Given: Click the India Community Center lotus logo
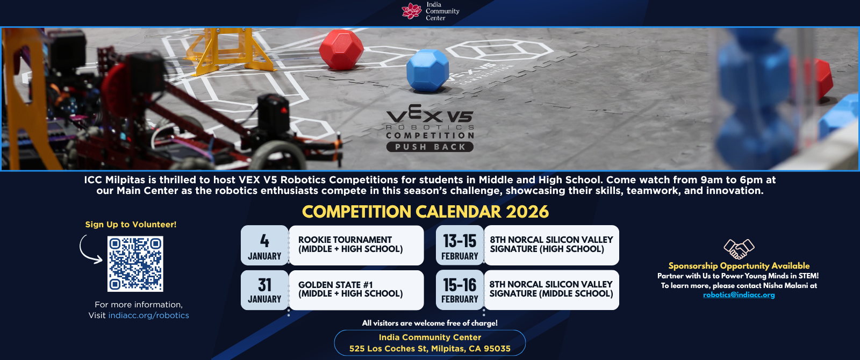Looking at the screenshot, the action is click(x=412, y=11).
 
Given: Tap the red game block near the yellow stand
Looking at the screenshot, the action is click(x=341, y=50).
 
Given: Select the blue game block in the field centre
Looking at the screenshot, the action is click(x=428, y=70).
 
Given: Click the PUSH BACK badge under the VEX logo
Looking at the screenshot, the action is click(x=429, y=147).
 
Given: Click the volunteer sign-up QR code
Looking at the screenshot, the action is click(x=135, y=264).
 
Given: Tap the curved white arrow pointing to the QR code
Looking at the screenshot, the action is click(x=90, y=249).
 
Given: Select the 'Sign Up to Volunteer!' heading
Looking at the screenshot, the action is click(x=131, y=225).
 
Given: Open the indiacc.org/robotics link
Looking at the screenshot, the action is click(x=148, y=315).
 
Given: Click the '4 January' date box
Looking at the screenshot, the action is click(x=264, y=245).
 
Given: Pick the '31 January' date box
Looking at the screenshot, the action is click(x=264, y=290).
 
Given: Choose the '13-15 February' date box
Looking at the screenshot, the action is click(x=460, y=245).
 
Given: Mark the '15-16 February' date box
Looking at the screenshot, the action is click(x=460, y=290).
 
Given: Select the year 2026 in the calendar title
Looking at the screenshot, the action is click(x=527, y=212).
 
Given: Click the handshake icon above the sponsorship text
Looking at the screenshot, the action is click(x=739, y=249).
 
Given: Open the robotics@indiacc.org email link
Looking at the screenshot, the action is click(x=739, y=295).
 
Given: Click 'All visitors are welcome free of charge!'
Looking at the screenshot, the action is click(x=429, y=323).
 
